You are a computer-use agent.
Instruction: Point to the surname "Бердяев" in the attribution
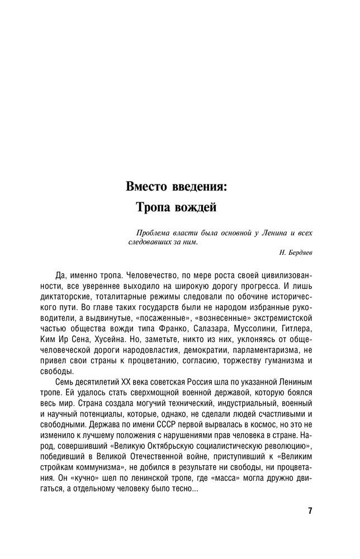(300, 253)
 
